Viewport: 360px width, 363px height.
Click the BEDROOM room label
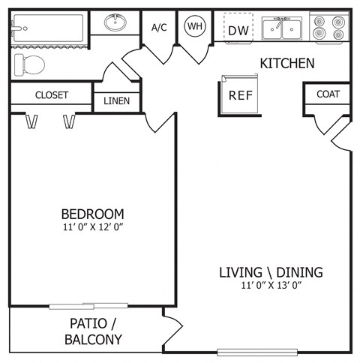(92, 213)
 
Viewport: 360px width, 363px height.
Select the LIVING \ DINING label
(271, 271)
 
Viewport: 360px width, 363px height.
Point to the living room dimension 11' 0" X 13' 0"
(271, 284)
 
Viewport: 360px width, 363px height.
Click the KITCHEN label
(286, 63)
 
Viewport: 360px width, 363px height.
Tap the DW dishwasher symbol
(238, 30)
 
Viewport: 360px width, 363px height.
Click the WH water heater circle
(195, 26)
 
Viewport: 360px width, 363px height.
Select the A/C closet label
(159, 28)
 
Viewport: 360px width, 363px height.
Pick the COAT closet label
(328, 94)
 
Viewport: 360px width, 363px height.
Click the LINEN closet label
(116, 100)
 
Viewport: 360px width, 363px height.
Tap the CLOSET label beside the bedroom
(52, 95)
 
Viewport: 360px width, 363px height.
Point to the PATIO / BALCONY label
(95, 331)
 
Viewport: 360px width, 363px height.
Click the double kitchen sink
(282, 29)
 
